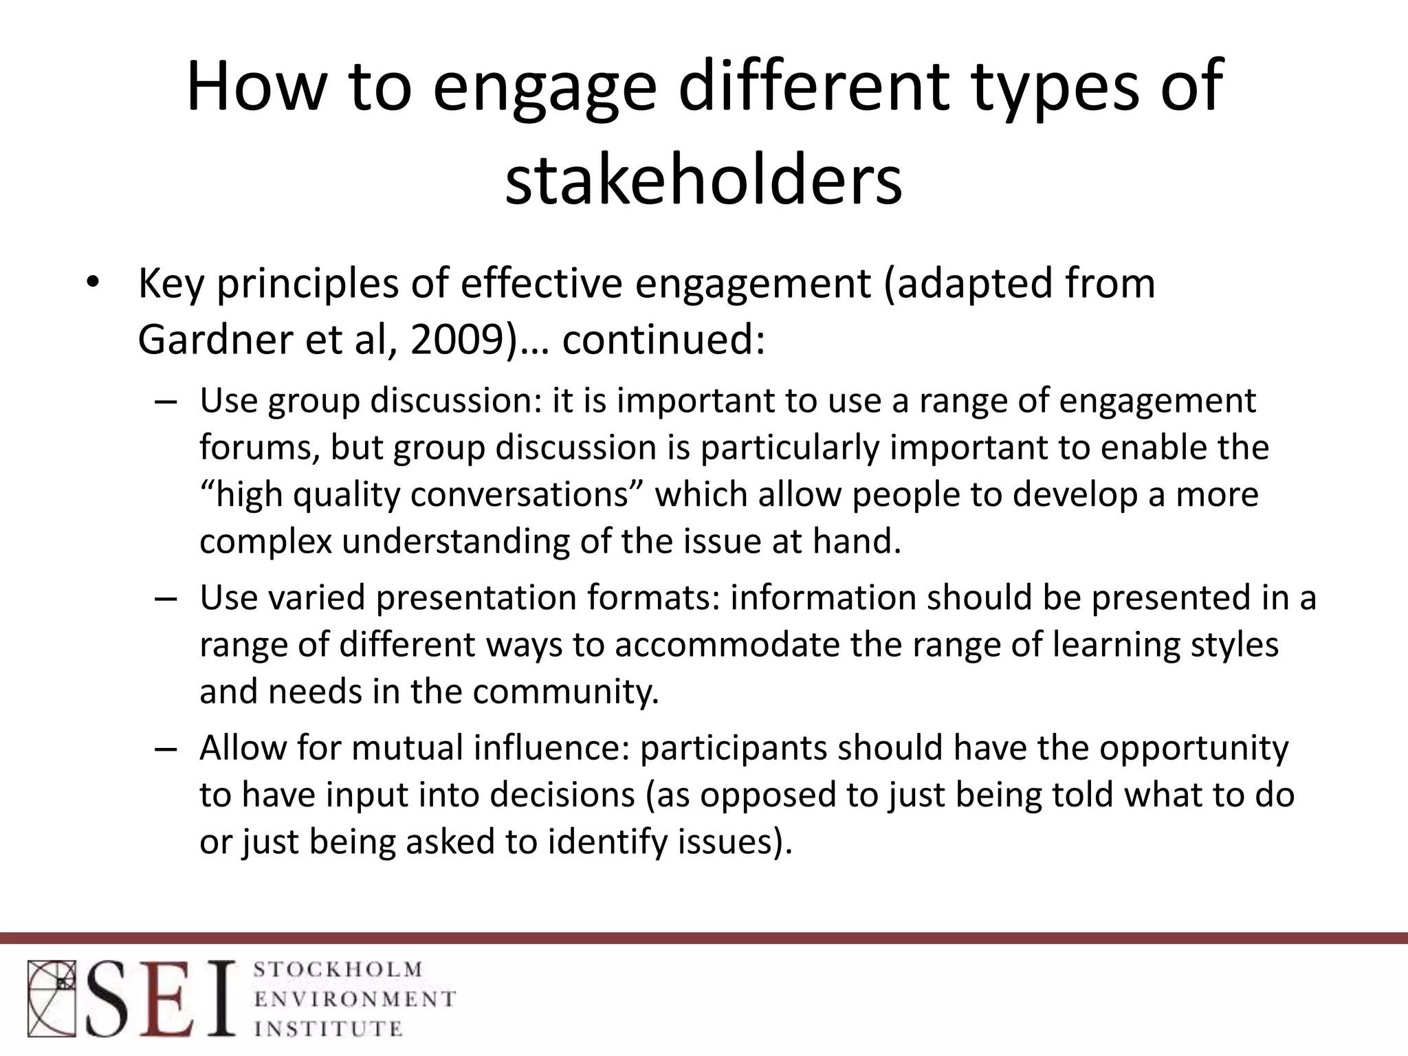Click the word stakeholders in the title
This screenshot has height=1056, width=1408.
pyautogui.click(x=703, y=181)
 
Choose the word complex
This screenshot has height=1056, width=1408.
pyautogui.click(x=265, y=542)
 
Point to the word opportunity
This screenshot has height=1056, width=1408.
pyautogui.click(x=1193, y=749)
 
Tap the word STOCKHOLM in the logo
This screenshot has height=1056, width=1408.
pyautogui.click(x=338, y=970)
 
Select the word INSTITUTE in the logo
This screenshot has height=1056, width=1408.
pyautogui.click(x=328, y=1028)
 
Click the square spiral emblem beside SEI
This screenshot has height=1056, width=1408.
pyautogui.click(x=52, y=998)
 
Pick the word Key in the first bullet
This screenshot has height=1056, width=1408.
pyautogui.click(x=170, y=284)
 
